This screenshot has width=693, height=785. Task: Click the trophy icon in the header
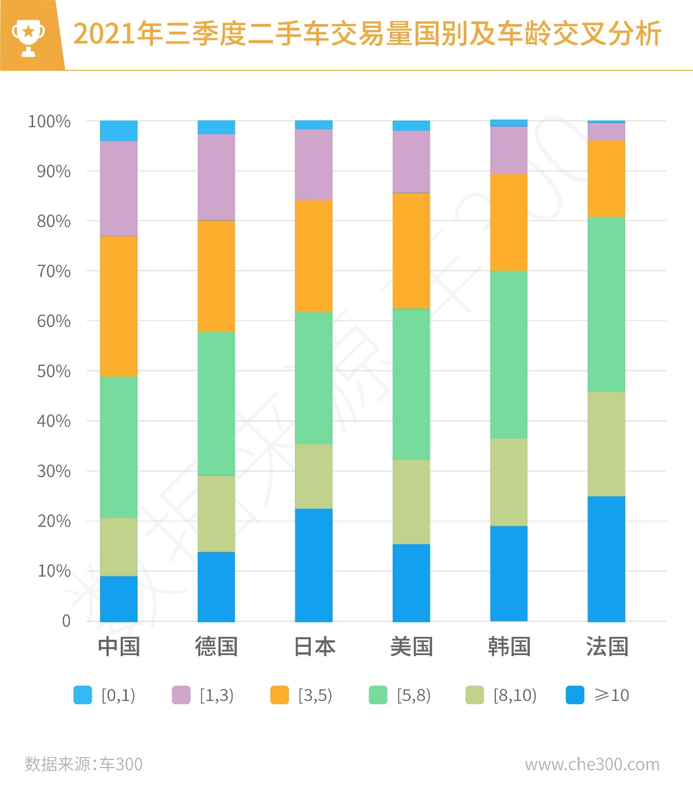tap(28, 37)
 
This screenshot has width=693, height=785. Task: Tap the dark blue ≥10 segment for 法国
tap(606, 558)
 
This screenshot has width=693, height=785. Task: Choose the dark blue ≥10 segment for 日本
tap(313, 565)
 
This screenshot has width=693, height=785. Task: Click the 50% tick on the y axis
tap(54, 371)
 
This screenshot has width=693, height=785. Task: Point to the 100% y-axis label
tap(49, 121)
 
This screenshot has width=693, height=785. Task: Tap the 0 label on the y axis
tap(66, 621)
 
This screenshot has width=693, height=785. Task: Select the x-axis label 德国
tap(216, 647)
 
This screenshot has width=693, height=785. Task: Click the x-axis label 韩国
tap(509, 647)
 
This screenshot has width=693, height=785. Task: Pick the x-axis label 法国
tap(607, 647)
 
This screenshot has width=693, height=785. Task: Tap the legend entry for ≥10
tap(597, 695)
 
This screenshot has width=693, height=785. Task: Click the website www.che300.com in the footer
tap(592, 764)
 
